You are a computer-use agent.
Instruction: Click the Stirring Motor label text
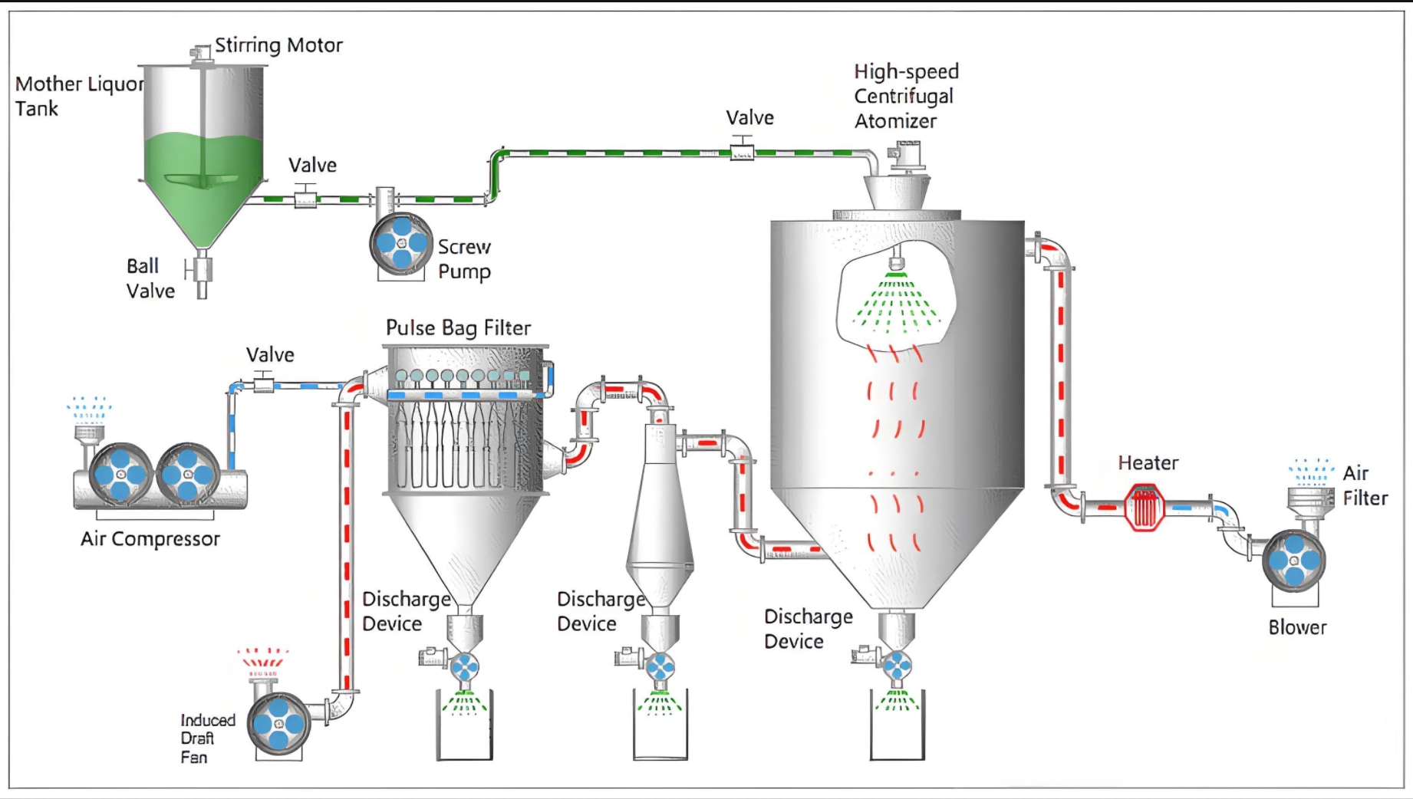click(278, 45)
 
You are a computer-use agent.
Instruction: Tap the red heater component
click(1144, 507)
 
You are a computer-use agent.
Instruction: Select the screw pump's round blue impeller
click(401, 244)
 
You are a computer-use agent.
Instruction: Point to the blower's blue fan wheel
click(1294, 561)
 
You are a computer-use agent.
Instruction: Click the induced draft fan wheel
click(278, 723)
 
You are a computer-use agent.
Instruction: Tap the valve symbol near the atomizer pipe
click(742, 150)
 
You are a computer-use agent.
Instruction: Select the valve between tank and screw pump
click(305, 197)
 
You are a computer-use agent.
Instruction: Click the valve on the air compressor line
click(263, 382)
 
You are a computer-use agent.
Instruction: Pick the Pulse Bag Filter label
click(458, 328)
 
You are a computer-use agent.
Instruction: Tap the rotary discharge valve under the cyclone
click(660, 666)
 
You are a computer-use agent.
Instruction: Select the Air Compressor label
click(150, 539)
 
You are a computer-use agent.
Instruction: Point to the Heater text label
click(1148, 463)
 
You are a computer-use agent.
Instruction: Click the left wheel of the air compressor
click(120, 475)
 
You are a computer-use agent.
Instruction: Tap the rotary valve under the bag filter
click(464, 666)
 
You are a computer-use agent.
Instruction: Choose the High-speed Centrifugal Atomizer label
click(906, 97)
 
